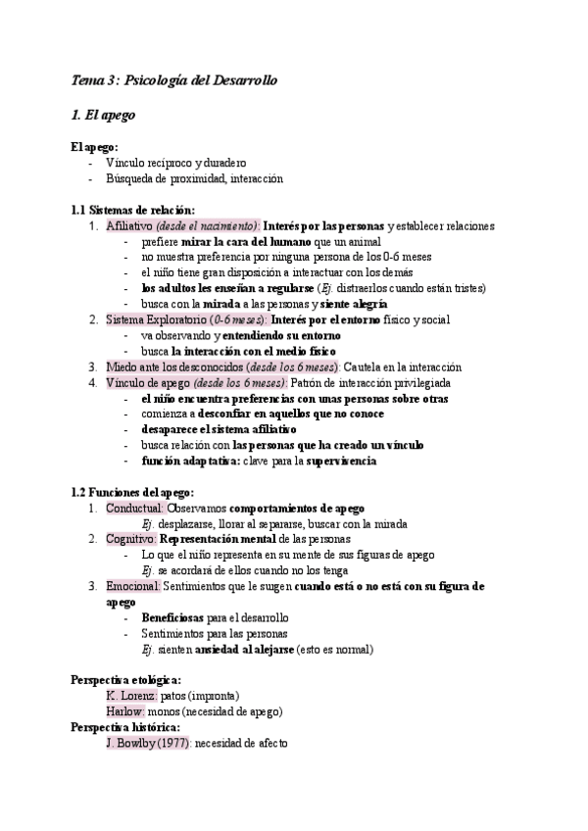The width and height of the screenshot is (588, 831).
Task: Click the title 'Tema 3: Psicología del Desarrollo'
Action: click(x=175, y=81)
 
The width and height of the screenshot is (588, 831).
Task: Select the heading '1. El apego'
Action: click(x=104, y=116)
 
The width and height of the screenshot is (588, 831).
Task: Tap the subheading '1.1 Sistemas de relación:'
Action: click(x=133, y=210)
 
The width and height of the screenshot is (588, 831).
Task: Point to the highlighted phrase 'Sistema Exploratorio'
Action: click(x=149, y=319)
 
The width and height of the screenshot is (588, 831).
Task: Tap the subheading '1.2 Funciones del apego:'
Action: click(x=132, y=491)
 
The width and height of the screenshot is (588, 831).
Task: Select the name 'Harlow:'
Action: click(x=125, y=710)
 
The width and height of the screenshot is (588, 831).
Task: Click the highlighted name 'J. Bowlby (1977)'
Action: click(x=146, y=743)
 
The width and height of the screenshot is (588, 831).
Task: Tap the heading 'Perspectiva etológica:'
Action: click(x=125, y=679)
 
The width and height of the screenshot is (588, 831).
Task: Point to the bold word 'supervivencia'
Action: click(x=341, y=460)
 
